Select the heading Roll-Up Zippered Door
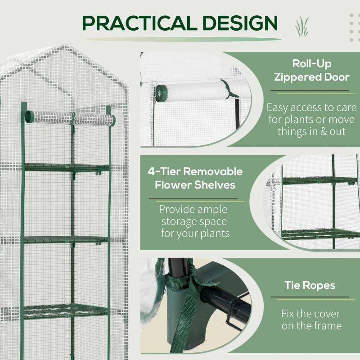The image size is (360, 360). [311, 70]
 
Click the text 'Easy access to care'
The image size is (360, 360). [311, 108]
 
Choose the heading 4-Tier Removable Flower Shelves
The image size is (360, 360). [195, 178]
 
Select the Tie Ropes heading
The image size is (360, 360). [310, 285]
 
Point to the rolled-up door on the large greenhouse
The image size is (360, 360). [70, 118]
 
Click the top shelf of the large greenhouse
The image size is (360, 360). [67, 167]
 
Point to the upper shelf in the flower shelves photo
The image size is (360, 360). [315, 180]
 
